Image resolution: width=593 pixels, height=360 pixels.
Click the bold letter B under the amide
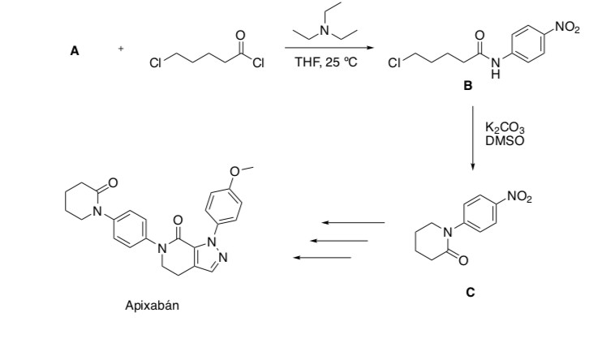[467, 87]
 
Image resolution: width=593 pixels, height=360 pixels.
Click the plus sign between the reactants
[121, 49]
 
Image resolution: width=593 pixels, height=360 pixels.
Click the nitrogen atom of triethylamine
[323, 31]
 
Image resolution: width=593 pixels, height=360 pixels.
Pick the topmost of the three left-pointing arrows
[352, 222]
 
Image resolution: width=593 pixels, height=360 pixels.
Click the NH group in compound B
[497, 68]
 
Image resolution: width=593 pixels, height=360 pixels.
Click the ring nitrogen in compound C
[445, 235]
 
